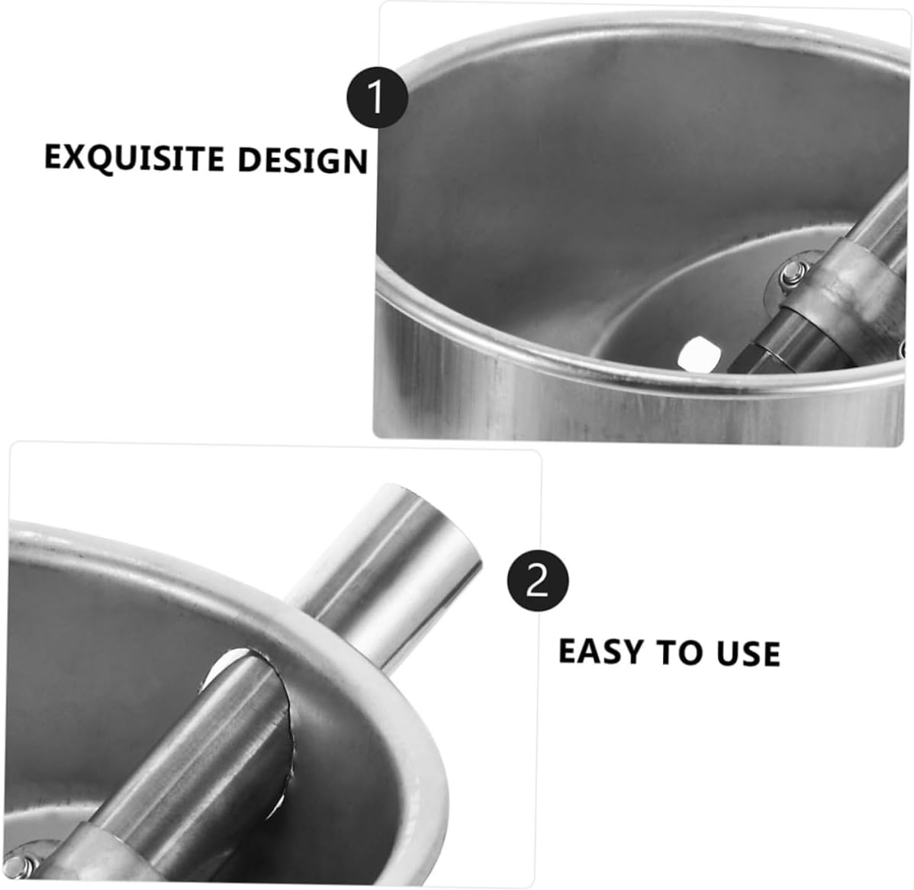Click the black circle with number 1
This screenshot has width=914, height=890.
click(x=378, y=98)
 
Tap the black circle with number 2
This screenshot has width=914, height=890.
click(x=539, y=583)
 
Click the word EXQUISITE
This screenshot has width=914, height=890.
click(x=134, y=158)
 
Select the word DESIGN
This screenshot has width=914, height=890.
click(x=303, y=160)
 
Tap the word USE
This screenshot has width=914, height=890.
click(x=748, y=654)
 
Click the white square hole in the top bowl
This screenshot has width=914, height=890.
click(x=700, y=353)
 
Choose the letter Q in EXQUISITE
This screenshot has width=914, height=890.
click(x=94, y=159)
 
